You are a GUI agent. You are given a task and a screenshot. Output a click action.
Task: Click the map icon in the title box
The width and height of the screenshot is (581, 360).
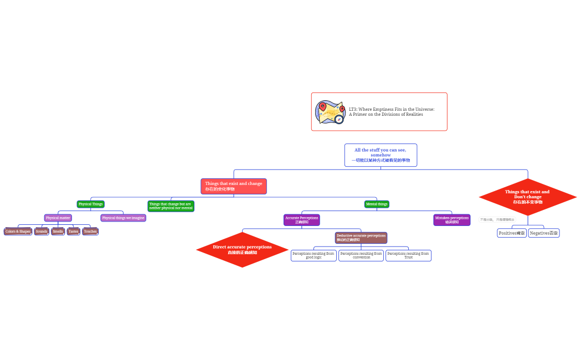click(330, 112)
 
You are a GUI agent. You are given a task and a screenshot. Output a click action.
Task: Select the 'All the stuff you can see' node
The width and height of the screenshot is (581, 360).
click(381, 155)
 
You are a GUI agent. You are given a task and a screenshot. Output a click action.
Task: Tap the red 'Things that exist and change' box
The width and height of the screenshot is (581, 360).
click(234, 186)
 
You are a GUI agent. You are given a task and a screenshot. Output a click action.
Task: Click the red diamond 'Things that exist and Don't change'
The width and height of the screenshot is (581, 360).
click(527, 197)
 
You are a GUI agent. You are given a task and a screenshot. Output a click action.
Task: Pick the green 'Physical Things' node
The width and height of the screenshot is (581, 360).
click(90, 204)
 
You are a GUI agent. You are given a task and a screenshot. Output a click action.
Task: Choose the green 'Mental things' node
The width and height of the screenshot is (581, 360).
click(377, 204)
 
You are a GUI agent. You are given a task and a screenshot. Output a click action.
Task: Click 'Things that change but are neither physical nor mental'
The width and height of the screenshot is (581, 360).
click(171, 206)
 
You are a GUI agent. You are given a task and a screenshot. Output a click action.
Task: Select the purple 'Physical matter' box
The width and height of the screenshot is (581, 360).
click(58, 218)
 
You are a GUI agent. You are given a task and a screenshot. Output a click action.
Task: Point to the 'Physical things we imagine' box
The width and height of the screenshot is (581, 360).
click(123, 218)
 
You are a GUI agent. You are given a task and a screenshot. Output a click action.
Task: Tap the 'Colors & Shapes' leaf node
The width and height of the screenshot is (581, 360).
click(18, 232)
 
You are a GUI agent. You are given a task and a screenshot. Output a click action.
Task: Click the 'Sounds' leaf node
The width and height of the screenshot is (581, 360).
click(42, 232)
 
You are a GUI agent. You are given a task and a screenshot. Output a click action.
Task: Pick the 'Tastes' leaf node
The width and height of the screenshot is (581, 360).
click(73, 232)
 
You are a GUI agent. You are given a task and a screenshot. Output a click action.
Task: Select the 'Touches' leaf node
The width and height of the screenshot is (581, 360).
click(90, 232)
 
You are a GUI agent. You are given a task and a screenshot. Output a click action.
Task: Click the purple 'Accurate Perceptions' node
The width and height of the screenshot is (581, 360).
click(302, 220)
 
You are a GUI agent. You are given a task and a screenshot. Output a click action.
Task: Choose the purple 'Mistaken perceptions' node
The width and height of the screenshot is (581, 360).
click(451, 220)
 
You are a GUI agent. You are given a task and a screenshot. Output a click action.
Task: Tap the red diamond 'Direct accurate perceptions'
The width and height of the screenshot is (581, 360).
click(242, 249)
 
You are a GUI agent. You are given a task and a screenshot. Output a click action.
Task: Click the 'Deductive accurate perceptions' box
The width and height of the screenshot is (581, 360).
click(361, 238)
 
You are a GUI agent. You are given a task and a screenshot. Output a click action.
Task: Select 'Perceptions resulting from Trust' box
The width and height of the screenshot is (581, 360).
click(408, 255)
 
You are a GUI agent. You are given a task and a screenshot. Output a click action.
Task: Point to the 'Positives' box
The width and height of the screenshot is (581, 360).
click(512, 233)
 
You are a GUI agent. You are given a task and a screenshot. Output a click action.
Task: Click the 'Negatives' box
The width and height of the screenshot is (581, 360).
click(544, 233)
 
